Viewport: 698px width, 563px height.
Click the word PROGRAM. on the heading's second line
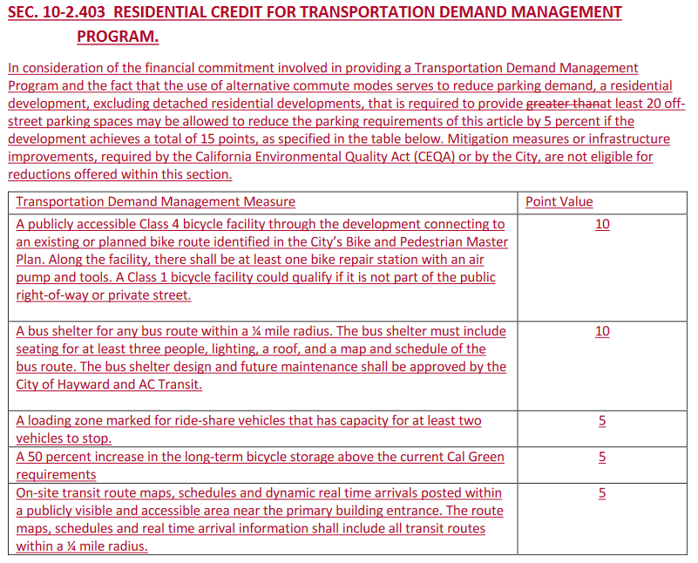[118, 37]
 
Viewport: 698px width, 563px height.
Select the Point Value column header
[559, 202]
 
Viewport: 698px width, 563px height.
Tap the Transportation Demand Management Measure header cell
[155, 202]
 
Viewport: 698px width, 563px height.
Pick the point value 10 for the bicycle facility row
[602, 224]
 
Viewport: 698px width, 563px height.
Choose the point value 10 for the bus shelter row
[602, 331]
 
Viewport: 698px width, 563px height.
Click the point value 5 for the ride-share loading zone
[602, 421]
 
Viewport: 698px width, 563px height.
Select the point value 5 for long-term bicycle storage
[602, 457]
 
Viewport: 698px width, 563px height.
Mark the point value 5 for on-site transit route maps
[602, 493]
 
